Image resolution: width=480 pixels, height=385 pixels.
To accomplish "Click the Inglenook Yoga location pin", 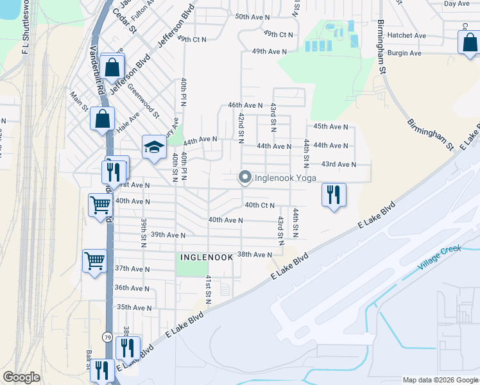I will tap(244, 178).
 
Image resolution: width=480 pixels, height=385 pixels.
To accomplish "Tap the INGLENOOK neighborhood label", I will tap(203, 257).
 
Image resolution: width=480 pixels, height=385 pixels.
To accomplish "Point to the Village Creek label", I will tap(440, 257).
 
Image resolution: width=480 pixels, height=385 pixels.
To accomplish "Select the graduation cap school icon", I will tap(154, 149).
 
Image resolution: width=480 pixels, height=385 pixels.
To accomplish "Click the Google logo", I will tap(21, 377).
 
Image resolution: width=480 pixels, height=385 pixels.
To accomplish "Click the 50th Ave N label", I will tap(252, 17).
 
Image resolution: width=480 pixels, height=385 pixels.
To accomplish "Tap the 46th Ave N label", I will tap(245, 105).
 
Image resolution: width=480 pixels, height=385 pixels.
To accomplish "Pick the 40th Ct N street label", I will tap(259, 205).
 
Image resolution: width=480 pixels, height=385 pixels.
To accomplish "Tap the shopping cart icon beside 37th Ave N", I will tap(94, 261).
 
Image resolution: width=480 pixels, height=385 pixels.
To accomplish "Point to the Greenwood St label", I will tap(142, 100).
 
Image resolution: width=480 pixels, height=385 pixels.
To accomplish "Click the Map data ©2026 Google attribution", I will tap(440, 379).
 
